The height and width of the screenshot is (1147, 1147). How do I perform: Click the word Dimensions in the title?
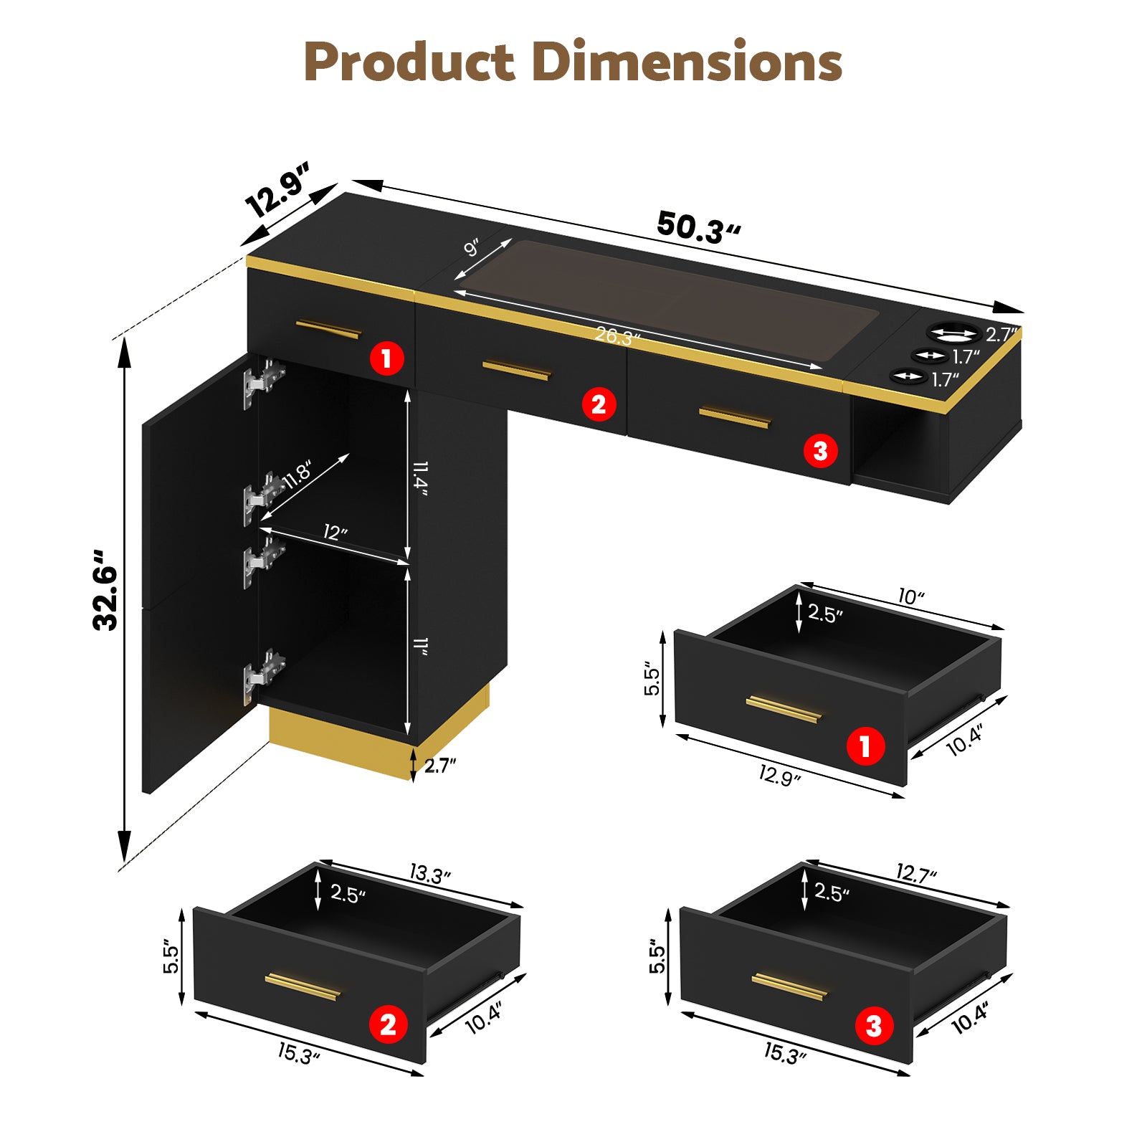pos(687,62)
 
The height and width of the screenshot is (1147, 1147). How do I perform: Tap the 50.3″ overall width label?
pos(698,228)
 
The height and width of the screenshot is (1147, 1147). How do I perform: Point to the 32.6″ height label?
pos(106,590)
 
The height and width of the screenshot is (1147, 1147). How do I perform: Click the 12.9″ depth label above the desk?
pos(277,189)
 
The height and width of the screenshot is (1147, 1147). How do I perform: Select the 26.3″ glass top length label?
pos(617,335)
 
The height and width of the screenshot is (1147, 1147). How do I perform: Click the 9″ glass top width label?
pos(472,247)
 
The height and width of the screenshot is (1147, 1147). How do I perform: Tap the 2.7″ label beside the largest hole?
pos(1001,334)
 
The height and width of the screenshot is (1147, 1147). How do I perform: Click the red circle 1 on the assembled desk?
pos(387,357)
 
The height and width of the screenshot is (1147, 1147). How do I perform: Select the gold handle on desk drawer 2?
pos(516,370)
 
